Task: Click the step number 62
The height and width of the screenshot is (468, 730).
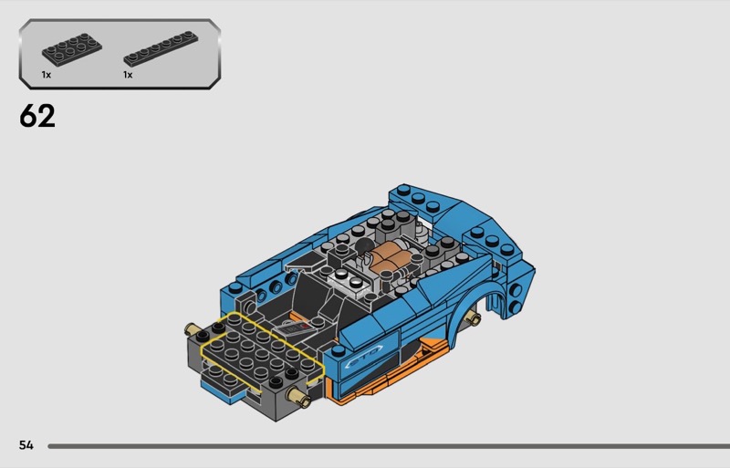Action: pyautogui.click(x=37, y=116)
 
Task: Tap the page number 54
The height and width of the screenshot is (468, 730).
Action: pyautogui.click(x=26, y=445)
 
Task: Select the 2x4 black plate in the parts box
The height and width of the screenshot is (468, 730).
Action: pyautogui.click(x=72, y=48)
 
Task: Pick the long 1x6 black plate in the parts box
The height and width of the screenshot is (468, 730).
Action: pyautogui.click(x=161, y=48)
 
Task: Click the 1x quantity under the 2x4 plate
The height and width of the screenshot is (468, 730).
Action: pyautogui.click(x=47, y=75)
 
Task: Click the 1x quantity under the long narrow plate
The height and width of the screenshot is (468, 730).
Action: pyautogui.click(x=128, y=75)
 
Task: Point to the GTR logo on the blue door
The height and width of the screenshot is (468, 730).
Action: pyautogui.click(x=364, y=355)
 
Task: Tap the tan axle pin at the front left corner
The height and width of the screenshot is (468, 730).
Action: pyautogui.click(x=192, y=329)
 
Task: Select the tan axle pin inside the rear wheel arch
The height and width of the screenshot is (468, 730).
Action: pyautogui.click(x=474, y=318)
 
